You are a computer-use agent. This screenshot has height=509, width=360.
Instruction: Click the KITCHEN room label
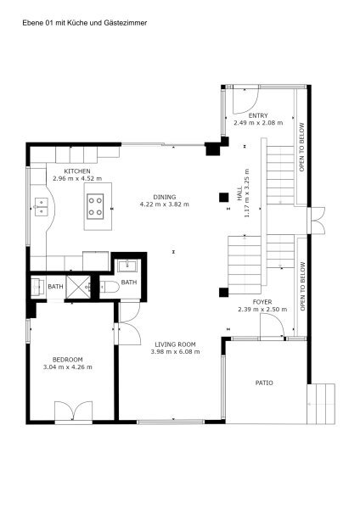tap(77, 171)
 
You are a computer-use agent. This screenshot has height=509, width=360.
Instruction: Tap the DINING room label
tap(165, 197)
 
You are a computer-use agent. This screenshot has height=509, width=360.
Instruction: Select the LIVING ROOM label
tap(175, 344)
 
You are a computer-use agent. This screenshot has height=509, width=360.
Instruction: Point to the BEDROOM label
tap(68, 360)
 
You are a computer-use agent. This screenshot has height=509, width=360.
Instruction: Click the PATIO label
tap(264, 383)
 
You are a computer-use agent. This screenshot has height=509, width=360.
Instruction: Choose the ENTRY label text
tap(258, 115)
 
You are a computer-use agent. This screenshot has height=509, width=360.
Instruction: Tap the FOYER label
tap(262, 302)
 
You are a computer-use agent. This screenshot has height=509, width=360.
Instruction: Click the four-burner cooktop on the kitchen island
tap(95, 206)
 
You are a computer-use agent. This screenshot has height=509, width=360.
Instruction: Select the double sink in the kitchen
tap(42, 207)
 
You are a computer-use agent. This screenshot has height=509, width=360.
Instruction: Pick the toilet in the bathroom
tap(110, 287)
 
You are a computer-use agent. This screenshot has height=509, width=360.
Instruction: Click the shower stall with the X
tap(78, 287)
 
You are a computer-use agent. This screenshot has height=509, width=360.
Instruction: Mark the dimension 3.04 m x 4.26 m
tap(68, 367)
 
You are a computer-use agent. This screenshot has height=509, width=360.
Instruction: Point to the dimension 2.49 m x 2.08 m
tap(258, 123)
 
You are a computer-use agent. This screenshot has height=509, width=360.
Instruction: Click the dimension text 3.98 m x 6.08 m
tap(176, 351)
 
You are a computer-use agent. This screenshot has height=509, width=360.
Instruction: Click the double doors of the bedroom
tap(73, 411)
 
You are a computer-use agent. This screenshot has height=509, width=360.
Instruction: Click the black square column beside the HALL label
tap(223, 197)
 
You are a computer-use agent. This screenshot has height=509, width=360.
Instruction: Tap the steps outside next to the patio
tap(321, 404)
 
